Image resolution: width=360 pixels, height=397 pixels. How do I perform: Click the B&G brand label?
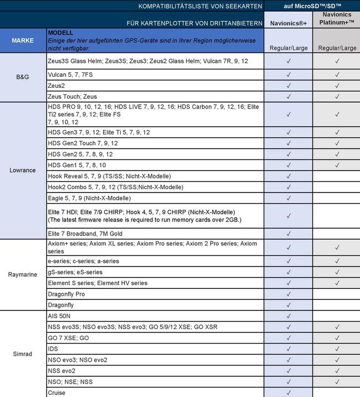click(x=23, y=78)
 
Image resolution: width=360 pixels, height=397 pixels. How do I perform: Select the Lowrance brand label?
click(x=23, y=170)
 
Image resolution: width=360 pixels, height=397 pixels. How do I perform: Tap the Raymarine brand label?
click(x=23, y=274)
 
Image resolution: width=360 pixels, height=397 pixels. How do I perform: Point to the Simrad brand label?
click(x=23, y=354)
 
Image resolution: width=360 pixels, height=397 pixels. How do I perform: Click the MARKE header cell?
click(x=23, y=40)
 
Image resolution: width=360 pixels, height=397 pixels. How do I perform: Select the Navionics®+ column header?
click(x=288, y=24)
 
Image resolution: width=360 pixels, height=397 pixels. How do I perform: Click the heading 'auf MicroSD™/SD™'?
click(x=311, y=6)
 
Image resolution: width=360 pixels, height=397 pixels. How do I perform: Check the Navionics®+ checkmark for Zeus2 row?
click(x=288, y=86)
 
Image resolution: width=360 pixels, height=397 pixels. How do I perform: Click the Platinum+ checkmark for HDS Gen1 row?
click(x=336, y=165)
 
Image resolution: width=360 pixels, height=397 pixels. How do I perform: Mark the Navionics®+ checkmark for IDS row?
click(x=288, y=349)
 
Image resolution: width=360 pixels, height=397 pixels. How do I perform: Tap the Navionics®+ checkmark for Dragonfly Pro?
click(x=288, y=294)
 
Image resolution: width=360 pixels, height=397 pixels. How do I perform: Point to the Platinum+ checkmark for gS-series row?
click(x=336, y=272)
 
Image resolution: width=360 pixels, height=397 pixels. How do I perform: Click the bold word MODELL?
click(x=61, y=33)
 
